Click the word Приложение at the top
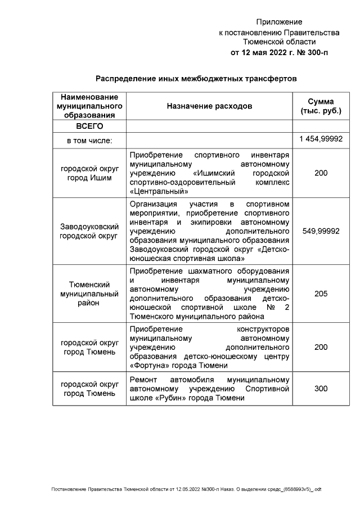click(x=279, y=22)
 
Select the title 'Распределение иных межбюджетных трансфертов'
click(x=195, y=79)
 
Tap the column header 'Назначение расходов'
click(x=209, y=106)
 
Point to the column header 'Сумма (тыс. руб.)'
click(x=321, y=106)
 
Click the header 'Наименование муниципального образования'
click(x=89, y=106)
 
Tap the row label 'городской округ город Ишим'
click(x=89, y=173)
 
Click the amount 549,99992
click(x=321, y=231)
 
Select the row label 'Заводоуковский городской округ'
click(x=89, y=231)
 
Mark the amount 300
click(x=321, y=389)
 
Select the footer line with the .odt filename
click(x=186, y=489)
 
